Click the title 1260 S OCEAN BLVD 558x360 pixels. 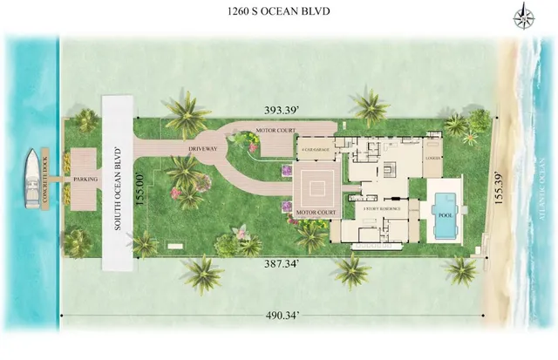pos(278,11)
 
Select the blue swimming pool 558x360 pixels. pos(445,214)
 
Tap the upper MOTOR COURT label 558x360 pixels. pos(276,131)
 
